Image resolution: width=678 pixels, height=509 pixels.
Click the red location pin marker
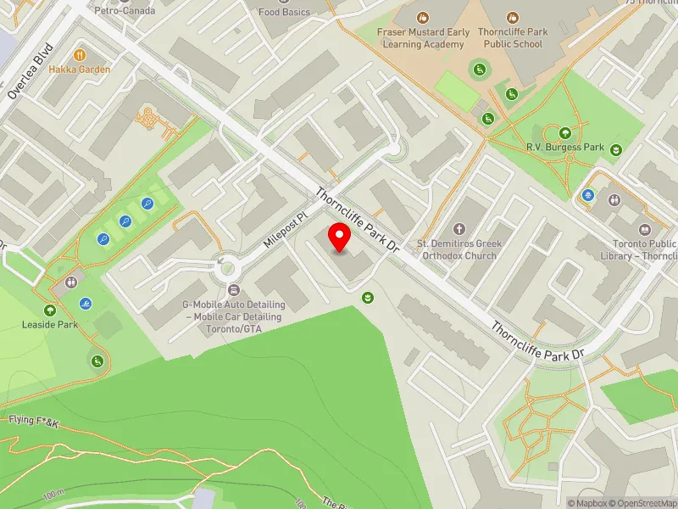click(340, 238)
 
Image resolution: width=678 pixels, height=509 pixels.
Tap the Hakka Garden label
click(80, 70)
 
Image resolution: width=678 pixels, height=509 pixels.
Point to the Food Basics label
click(284, 12)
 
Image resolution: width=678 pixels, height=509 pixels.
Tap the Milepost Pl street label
click(283, 230)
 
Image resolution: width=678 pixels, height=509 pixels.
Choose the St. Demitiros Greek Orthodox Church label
click(459, 249)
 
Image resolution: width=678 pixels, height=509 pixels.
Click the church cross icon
click(459, 229)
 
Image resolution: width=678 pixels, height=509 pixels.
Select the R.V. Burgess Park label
click(565, 147)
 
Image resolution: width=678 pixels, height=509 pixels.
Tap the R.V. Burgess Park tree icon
click(565, 131)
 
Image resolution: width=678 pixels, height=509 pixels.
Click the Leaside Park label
click(50, 324)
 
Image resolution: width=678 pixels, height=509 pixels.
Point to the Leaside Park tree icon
click(50, 310)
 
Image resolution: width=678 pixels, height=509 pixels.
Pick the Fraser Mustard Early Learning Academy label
click(421, 38)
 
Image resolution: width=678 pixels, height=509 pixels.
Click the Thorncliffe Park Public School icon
click(512, 17)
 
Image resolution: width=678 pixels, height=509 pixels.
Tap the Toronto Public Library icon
click(645, 230)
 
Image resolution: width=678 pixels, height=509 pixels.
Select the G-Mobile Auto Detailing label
click(234, 316)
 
